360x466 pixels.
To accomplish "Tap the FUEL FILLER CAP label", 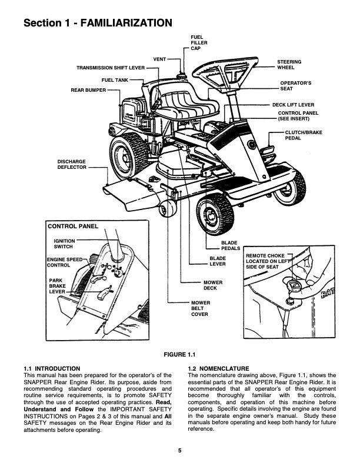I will pyautogui.click(x=198, y=43).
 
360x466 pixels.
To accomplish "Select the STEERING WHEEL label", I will pyautogui.click(x=289, y=65).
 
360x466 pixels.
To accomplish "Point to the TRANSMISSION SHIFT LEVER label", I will pyautogui.click(x=111, y=68).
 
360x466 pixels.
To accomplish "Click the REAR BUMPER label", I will pyautogui.click(x=88, y=90).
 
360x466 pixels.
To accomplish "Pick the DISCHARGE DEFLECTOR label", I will pyautogui.click(x=72, y=164).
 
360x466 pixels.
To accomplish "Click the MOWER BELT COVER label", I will pyautogui.click(x=200, y=308).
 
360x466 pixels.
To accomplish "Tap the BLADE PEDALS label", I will pyautogui.click(x=229, y=245).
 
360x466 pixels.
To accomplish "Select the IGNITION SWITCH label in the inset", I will pyautogui.click(x=64, y=243).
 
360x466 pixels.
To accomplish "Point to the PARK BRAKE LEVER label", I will pyautogui.click(x=57, y=285).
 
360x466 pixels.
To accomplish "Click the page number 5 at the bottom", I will pyautogui.click(x=180, y=451).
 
